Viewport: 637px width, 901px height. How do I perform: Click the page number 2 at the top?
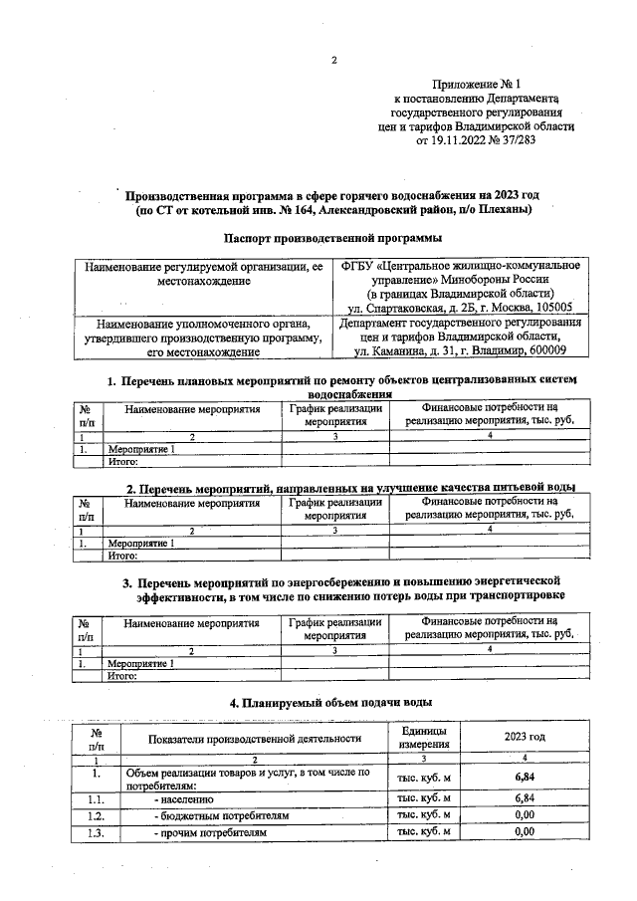pos(334,60)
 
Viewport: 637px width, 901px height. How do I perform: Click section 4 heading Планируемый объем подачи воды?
pos(330,703)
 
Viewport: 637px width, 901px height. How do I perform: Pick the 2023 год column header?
pos(525,738)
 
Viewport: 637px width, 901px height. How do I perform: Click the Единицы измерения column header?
pos(425,738)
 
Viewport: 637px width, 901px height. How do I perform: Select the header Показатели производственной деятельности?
pos(254,738)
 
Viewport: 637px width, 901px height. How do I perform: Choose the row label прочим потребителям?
pos(210,831)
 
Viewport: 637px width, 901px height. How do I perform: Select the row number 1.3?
pos(96,831)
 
